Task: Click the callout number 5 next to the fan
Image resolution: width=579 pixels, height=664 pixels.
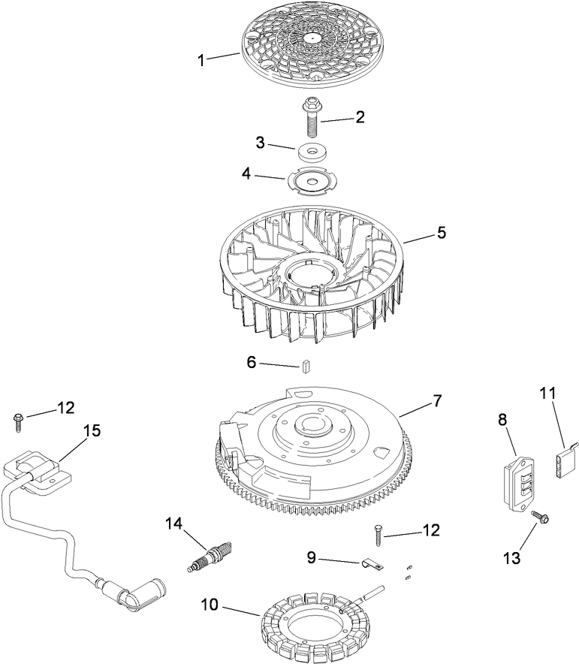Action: pos(442,233)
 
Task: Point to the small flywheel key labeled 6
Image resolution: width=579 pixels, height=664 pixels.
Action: pos(306,367)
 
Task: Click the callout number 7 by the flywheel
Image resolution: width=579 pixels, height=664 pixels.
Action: pos(436,401)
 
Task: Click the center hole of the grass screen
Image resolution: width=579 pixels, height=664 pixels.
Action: pos(311,37)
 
